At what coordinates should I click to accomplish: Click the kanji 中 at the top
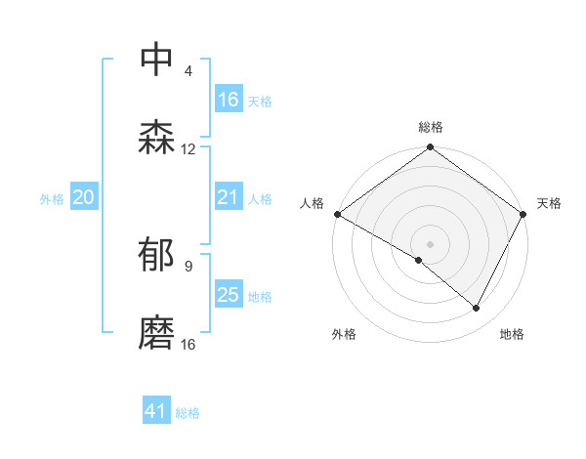pyautogui.click(x=157, y=61)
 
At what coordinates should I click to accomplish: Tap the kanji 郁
pyautogui.click(x=157, y=256)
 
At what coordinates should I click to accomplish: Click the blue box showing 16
pyautogui.click(x=229, y=100)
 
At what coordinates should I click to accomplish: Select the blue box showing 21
pyautogui.click(x=229, y=197)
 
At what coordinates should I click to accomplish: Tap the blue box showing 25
pyautogui.click(x=229, y=295)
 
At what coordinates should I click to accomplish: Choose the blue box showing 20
pyautogui.click(x=84, y=197)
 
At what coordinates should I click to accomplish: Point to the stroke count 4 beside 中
pyautogui.click(x=188, y=71)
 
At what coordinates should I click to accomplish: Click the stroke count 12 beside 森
pyautogui.click(x=188, y=149)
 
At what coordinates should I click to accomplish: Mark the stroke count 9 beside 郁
pyautogui.click(x=188, y=266)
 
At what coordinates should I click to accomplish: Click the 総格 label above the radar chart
pyautogui.click(x=431, y=128)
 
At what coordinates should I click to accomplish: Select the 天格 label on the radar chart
pyautogui.click(x=549, y=203)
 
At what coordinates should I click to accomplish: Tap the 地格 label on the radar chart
pyautogui.click(x=512, y=334)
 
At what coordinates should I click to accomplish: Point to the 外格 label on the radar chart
pyautogui.click(x=344, y=334)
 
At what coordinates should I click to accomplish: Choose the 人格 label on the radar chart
pyautogui.click(x=312, y=203)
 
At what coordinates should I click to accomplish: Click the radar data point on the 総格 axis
pyautogui.click(x=431, y=148)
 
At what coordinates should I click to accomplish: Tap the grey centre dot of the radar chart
pyautogui.click(x=431, y=243)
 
